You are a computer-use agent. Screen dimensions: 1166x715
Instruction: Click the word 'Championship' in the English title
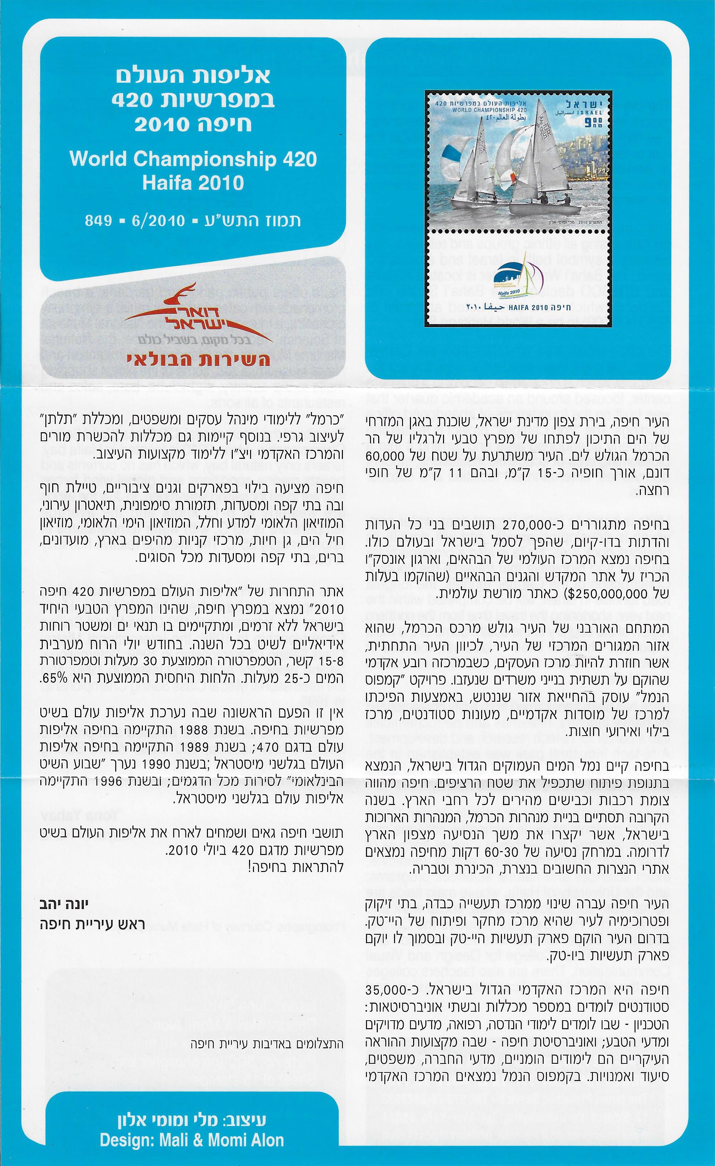199,159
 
